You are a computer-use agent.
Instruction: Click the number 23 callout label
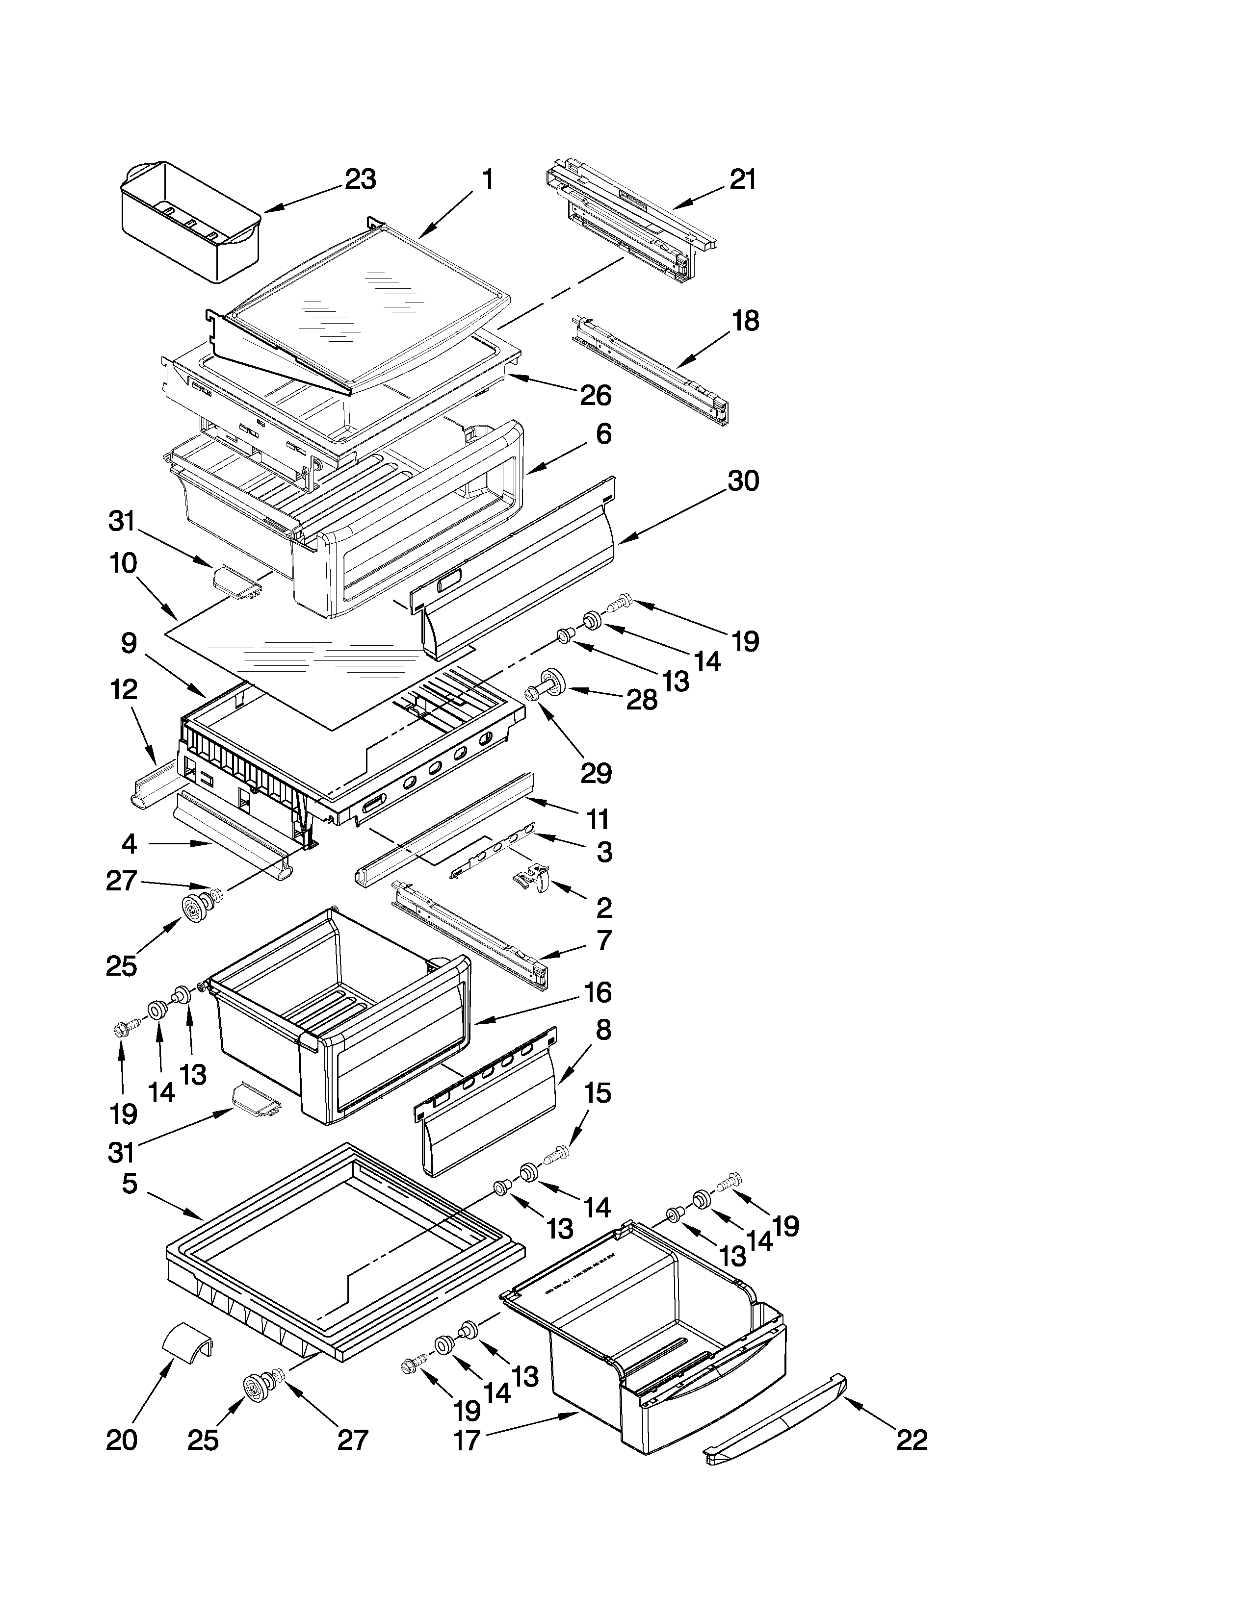point(360,179)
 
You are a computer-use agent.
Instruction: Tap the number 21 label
point(743,179)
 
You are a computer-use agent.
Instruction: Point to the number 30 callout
point(743,481)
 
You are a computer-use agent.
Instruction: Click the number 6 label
point(604,434)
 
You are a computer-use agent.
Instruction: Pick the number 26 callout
point(595,396)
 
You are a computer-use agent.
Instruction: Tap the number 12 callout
point(124,690)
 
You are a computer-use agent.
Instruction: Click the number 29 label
point(596,773)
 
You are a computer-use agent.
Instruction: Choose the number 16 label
point(598,992)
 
